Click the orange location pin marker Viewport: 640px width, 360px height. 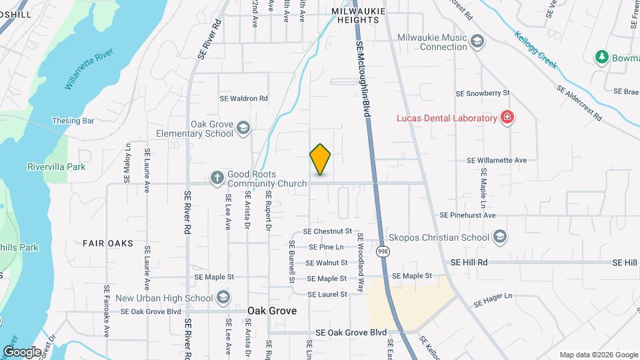pyautogui.click(x=321, y=159)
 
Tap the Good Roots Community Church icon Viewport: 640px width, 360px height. pyautogui.click(x=217, y=177)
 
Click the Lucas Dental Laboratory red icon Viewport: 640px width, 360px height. pyautogui.click(x=508, y=118)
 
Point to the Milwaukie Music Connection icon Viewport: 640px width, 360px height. pyautogui.click(x=477, y=41)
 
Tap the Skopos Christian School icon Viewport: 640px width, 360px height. pyautogui.click(x=500, y=237)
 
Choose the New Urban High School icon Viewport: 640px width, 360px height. pyautogui.click(x=224, y=297)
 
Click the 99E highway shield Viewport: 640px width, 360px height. pyautogui.click(x=383, y=251)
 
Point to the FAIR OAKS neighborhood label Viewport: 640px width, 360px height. pyautogui.click(x=108, y=243)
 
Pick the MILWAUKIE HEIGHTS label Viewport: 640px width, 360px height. pyautogui.click(x=356, y=16)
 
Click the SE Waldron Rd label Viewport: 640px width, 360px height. pyautogui.click(x=244, y=98)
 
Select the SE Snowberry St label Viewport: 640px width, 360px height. pyautogui.click(x=482, y=93)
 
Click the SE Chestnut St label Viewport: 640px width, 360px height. pyautogui.click(x=327, y=231)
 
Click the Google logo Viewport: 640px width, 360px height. pyautogui.click(x=22, y=351)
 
